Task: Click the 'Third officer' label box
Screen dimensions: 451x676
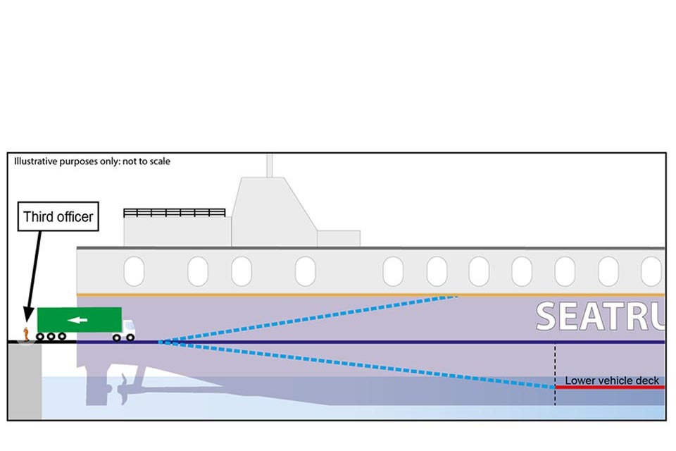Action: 58,217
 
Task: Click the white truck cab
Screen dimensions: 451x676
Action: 128,326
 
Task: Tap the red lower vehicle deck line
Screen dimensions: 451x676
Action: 609,387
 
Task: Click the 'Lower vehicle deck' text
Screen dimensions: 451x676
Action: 612,381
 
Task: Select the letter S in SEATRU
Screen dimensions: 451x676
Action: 551,317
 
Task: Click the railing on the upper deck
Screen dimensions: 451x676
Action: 174,212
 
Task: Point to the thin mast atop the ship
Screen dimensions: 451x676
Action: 269,165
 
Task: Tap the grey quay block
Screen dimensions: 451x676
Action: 25,381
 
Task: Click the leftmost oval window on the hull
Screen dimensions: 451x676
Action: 134,271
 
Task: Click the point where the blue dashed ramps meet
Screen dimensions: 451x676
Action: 161,342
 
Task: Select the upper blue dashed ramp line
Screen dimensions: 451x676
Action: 310,319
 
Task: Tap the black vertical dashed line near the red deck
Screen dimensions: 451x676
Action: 555,373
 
